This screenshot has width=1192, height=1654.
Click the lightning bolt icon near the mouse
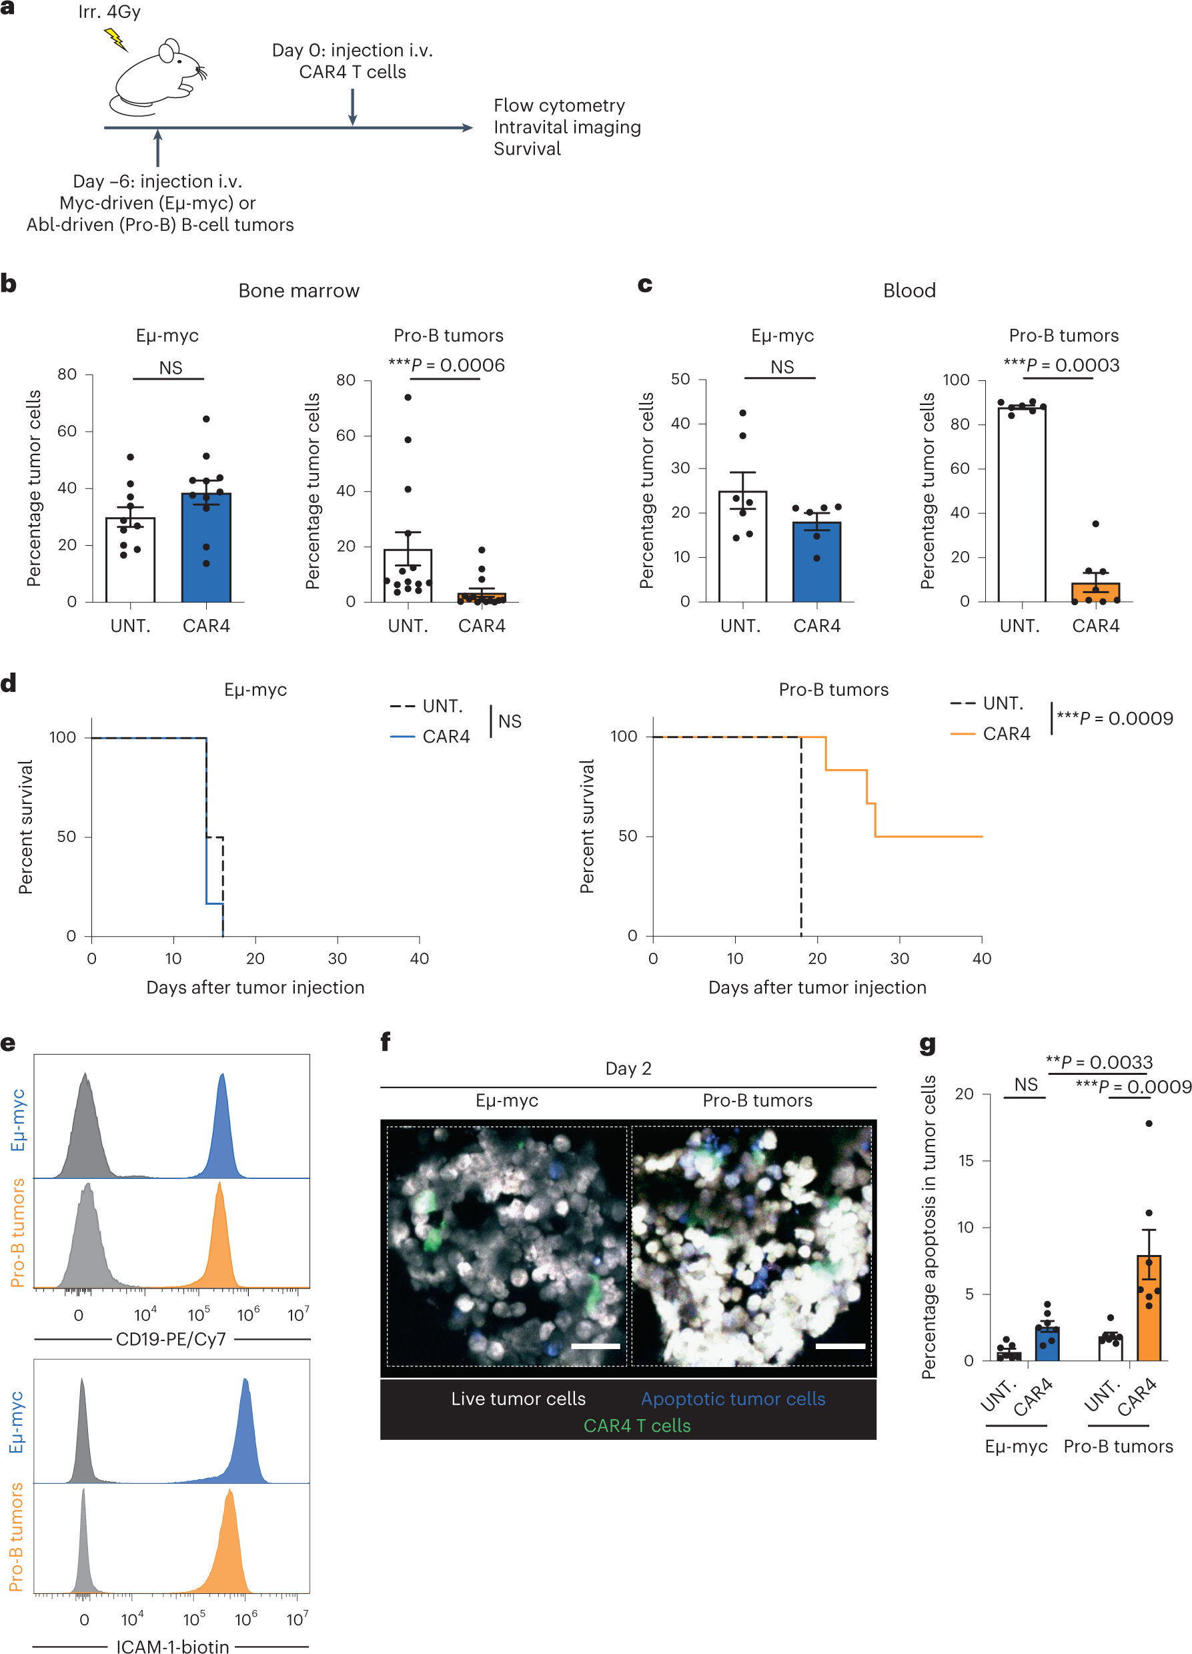tap(115, 39)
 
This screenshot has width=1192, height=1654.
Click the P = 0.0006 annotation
tap(446, 366)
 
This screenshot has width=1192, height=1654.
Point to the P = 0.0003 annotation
tap(1061, 366)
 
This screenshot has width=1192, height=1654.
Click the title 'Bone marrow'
tap(299, 291)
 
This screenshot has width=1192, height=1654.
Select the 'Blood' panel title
tap(909, 291)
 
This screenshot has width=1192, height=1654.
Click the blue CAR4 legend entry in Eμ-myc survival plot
tap(430, 737)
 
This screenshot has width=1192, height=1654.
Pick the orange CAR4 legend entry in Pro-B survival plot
tap(991, 734)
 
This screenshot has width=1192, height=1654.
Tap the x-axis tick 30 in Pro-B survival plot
tap(900, 958)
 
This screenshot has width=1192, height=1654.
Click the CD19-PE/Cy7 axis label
tap(171, 1339)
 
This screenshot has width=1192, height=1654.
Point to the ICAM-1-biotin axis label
tap(173, 1646)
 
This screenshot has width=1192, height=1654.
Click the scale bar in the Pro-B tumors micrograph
tap(840, 1346)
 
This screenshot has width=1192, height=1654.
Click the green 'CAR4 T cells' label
tap(637, 1426)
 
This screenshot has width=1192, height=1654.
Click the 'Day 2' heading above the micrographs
tap(628, 1068)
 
